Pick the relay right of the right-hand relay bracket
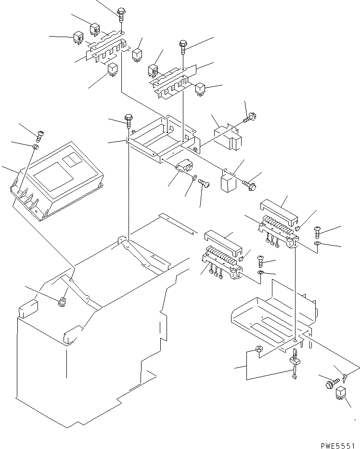point(201,88)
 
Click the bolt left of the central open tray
point(128,118)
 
